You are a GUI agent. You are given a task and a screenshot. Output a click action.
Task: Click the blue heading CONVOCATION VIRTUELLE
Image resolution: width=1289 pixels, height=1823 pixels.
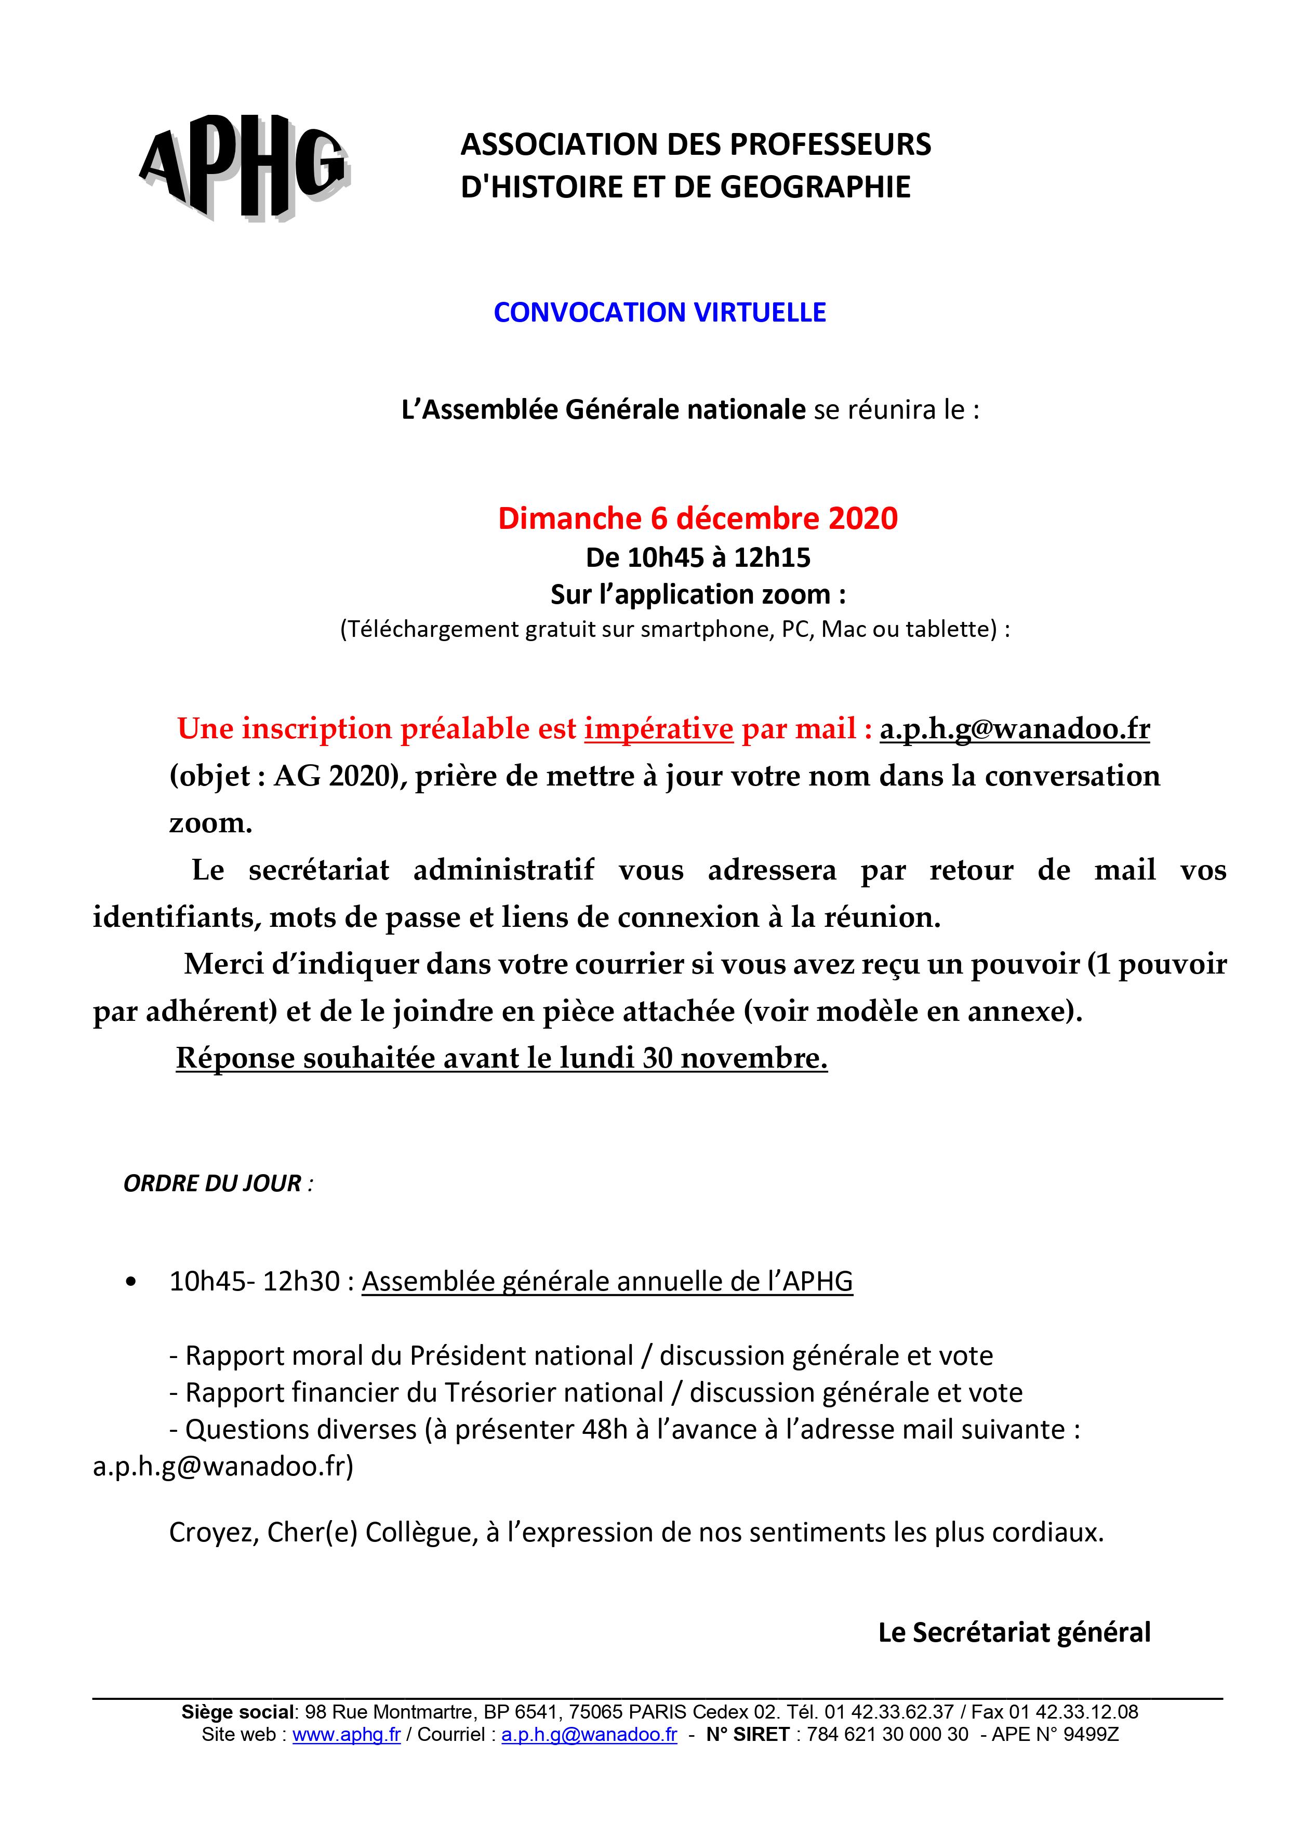pos(659,312)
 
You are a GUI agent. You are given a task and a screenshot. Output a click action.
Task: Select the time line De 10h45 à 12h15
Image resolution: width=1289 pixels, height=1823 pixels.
pos(697,557)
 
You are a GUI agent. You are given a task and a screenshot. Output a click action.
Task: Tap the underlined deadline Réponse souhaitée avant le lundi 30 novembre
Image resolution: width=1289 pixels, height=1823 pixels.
pos(501,1058)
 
